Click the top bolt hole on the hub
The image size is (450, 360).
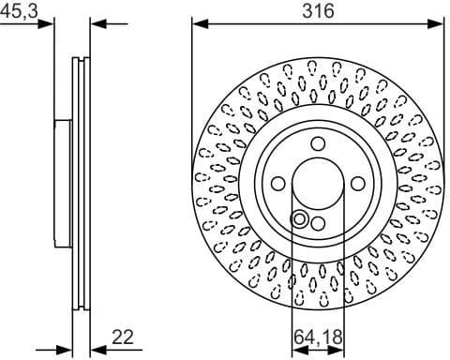click(x=318, y=143)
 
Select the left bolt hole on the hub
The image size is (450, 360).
click(x=278, y=183)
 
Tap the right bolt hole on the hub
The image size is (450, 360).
click(x=357, y=183)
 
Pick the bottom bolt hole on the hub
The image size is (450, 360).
click(x=318, y=222)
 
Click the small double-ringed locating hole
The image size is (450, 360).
click(x=301, y=219)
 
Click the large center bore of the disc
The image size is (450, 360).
click(x=318, y=183)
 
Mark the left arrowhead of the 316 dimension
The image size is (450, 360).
click(x=196, y=25)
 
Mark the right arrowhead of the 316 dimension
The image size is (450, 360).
click(x=439, y=25)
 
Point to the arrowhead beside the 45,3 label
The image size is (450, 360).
click(x=50, y=25)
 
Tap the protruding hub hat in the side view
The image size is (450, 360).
click(x=61, y=183)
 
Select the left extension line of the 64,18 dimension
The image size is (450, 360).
click(x=292, y=272)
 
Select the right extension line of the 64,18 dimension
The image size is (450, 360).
click(x=343, y=272)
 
